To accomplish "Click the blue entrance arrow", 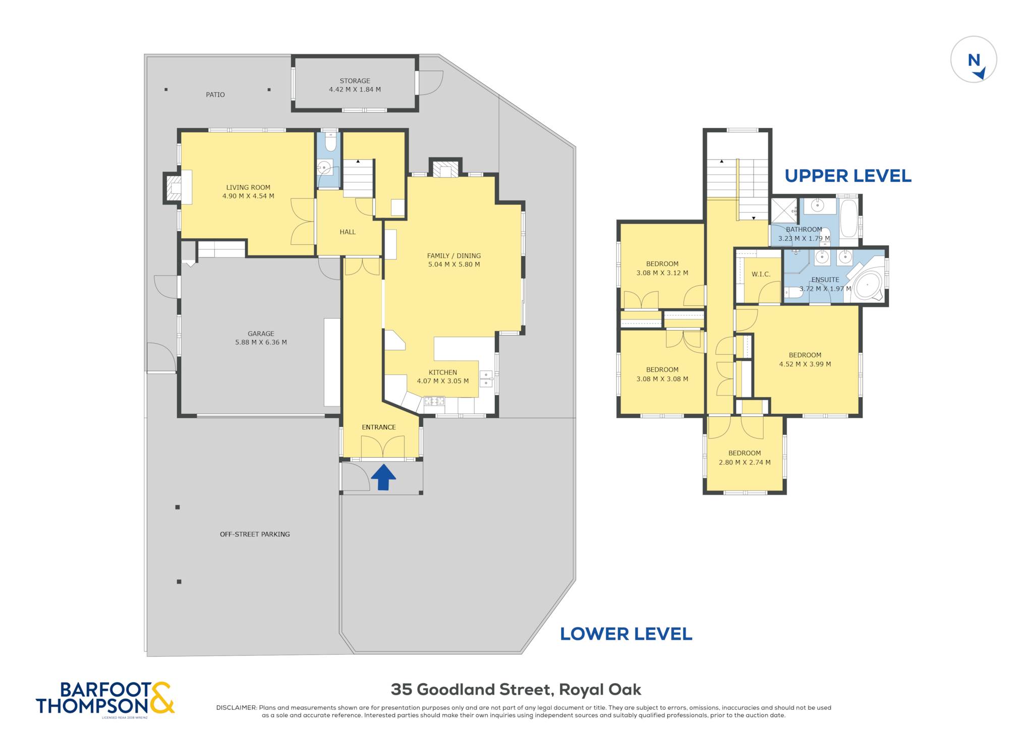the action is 383,477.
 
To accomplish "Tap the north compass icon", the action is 973,59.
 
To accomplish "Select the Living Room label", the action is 248,187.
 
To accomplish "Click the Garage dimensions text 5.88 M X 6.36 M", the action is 261,342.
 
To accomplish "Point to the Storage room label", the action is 355,81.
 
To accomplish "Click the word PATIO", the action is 215,94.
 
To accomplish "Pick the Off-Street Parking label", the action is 255,534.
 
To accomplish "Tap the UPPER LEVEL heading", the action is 848,176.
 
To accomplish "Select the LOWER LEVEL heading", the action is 626,634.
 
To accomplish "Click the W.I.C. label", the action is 761,274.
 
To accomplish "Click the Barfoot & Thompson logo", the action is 105,698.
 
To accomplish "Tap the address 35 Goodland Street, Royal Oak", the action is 516,689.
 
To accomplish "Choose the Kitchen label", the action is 443,372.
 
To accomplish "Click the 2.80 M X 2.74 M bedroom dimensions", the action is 744,462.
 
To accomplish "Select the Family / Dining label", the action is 454,256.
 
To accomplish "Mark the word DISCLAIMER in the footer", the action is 236,708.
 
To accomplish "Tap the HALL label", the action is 348,232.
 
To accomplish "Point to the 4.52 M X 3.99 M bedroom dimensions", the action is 805,364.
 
